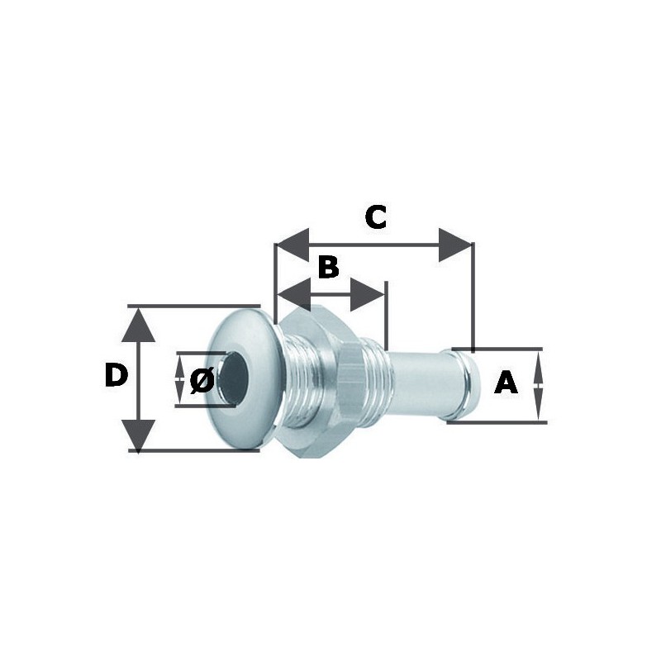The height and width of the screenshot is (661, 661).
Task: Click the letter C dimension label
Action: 376,217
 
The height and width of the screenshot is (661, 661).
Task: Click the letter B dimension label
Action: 328,266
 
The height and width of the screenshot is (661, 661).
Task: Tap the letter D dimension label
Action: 117,376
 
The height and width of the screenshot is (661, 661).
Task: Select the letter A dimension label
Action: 506,383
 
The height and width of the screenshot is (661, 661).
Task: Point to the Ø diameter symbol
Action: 202,380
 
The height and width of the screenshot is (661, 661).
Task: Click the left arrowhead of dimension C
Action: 292,245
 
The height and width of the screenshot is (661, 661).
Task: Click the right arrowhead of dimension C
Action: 455,245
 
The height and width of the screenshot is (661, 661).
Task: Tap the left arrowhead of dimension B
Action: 293,295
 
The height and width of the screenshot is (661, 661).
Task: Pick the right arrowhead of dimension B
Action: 367,295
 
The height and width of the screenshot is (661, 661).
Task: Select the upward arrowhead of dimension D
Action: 138,325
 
